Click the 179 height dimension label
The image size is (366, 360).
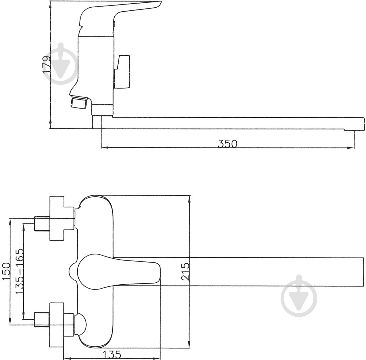(x=47, y=64)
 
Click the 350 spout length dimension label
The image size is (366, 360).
(x=227, y=144)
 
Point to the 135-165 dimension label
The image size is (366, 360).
(x=20, y=271)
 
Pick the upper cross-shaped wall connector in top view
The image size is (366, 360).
(x=58, y=218)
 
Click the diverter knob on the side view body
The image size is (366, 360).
(x=124, y=72)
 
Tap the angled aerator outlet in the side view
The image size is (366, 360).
(x=79, y=102)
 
